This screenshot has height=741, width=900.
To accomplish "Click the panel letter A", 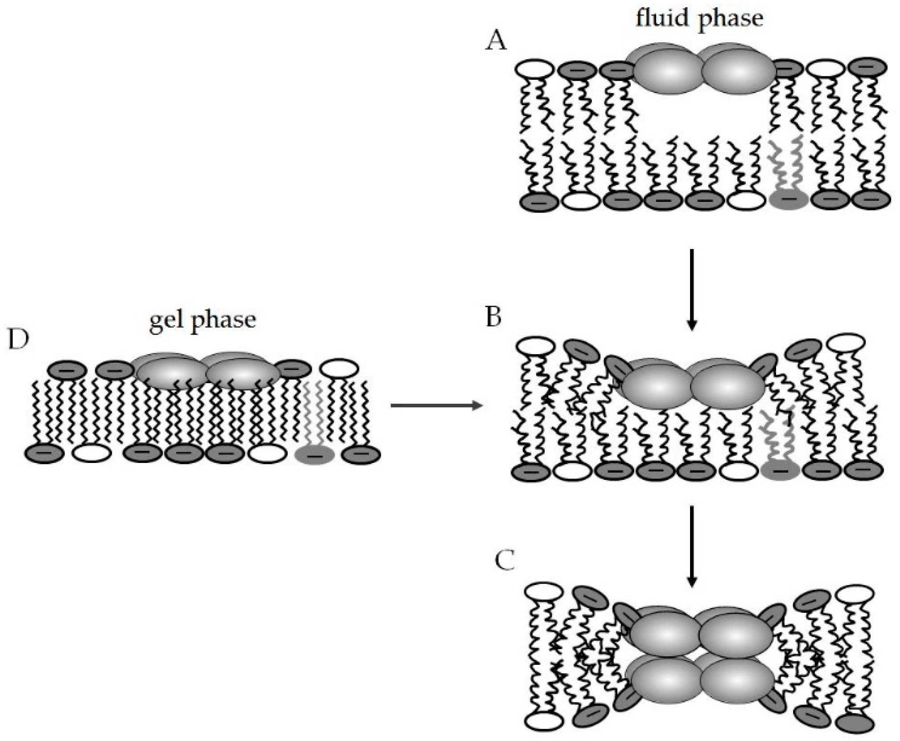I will click(496, 42).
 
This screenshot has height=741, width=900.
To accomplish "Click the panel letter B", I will click(493, 317).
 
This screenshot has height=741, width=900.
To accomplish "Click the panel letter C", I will click(505, 561).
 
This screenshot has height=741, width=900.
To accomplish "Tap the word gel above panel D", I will click(166, 320).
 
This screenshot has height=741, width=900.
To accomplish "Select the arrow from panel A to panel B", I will click(691, 290).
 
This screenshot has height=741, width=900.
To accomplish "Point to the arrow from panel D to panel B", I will click(437, 405).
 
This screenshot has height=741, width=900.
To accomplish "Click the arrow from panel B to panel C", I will click(691, 546).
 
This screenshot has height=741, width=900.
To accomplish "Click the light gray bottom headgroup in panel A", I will click(789, 199).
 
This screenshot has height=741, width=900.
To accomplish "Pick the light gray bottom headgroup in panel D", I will click(315, 454).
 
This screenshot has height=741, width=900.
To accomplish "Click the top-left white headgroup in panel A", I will click(534, 70).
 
